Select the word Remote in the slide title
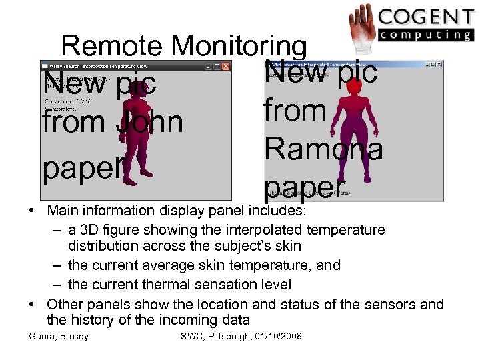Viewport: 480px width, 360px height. (111, 46)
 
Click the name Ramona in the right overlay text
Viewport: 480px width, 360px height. (324, 148)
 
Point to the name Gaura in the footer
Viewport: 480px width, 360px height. (41, 336)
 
